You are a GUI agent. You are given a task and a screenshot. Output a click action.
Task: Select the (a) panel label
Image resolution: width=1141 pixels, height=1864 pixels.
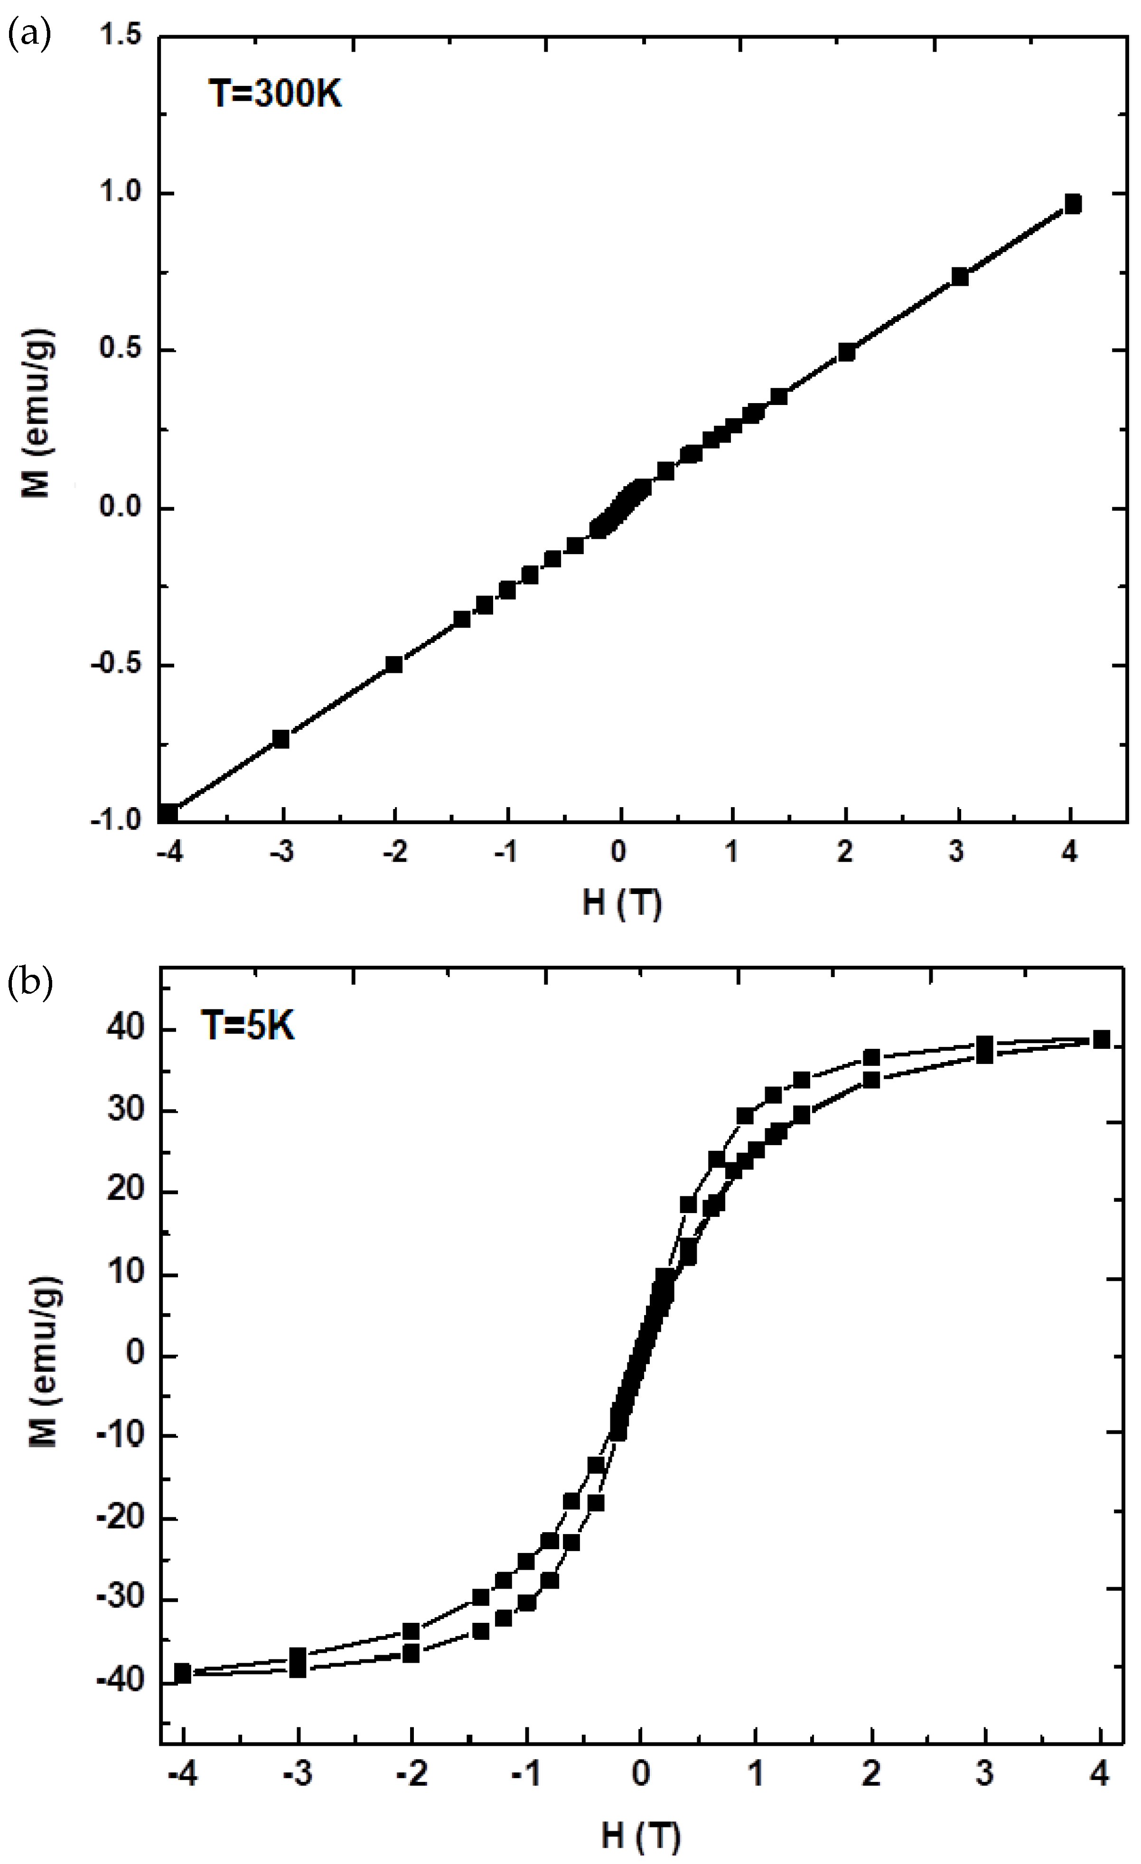point(29,36)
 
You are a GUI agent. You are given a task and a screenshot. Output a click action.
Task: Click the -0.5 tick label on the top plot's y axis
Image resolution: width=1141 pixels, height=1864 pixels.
point(116,665)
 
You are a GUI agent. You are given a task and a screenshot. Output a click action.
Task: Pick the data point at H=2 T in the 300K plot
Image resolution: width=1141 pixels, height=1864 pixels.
point(846,352)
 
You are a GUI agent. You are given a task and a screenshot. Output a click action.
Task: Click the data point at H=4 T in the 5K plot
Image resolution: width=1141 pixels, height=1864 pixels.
point(1102,1039)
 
